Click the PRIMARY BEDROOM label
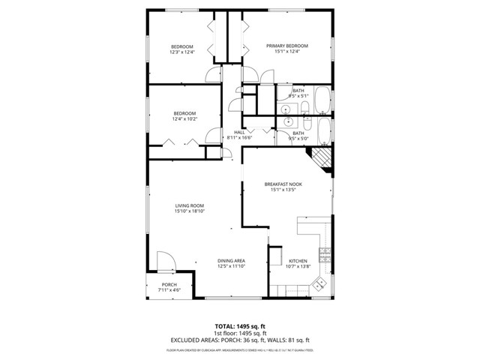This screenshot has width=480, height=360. pos(287,46)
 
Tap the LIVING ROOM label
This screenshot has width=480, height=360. pos(190,205)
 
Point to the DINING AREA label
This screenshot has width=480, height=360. pos(232,260)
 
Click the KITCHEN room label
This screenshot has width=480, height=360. pos(298,260)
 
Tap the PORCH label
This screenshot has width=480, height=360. pos(169,285)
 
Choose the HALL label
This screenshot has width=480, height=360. pos(239,132)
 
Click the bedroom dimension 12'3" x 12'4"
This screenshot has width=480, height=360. pos(182,52)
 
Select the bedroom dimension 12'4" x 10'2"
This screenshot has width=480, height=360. pos(184,118)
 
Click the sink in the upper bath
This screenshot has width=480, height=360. pos(288,109)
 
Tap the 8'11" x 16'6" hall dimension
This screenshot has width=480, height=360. pos(239,138)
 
